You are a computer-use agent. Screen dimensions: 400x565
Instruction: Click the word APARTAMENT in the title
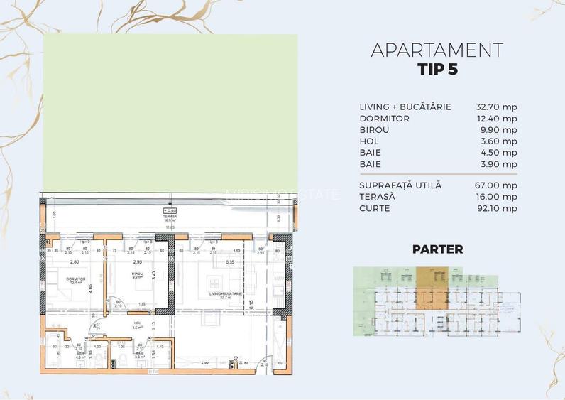pyautogui.click(x=437, y=50)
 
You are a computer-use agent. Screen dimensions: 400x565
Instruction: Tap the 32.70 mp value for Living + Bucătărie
pyautogui.click(x=497, y=107)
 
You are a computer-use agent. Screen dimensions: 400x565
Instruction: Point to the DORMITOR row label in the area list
pyautogui.click(x=384, y=119)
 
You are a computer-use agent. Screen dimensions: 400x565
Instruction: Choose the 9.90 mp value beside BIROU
pyautogui.click(x=500, y=130)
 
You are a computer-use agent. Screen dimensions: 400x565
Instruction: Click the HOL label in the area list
pyautogui.click(x=369, y=141)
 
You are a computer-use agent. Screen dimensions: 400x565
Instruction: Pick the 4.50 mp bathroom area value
pyautogui.click(x=500, y=153)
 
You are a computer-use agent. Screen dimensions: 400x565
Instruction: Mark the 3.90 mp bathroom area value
pyautogui.click(x=500, y=164)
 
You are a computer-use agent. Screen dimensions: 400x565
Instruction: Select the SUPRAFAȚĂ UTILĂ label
pyautogui.click(x=400, y=185)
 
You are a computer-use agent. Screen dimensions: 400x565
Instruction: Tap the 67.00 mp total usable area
pyautogui.click(x=497, y=185)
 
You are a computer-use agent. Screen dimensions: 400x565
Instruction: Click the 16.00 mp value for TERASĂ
pyautogui.click(x=497, y=197)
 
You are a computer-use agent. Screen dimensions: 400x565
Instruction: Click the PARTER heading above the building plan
pyautogui.click(x=437, y=249)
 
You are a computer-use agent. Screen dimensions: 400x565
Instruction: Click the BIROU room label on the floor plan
pyautogui.click(x=138, y=274)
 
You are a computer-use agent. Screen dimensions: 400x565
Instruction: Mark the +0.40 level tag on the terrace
pyautogui.click(x=170, y=210)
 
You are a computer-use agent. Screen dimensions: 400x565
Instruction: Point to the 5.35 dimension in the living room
pyautogui.click(x=229, y=263)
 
